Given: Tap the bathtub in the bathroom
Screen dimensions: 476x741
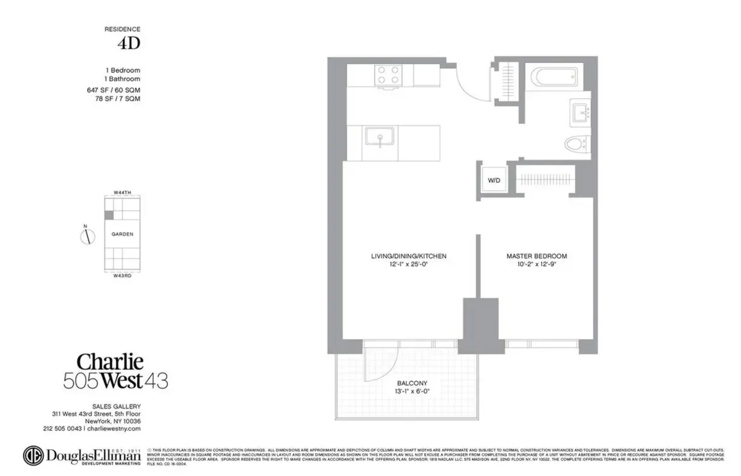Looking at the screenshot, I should click(554, 78).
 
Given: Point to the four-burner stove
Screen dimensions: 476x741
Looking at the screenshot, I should click(387, 75).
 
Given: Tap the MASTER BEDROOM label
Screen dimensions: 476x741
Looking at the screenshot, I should click(536, 256).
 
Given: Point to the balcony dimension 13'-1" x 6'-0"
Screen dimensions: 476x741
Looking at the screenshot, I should click(411, 391).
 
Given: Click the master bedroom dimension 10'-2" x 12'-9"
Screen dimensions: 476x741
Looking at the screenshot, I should click(536, 264).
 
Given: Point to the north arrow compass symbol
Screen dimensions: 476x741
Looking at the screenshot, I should click(88, 235).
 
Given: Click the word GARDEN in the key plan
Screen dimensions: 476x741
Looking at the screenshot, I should click(122, 235).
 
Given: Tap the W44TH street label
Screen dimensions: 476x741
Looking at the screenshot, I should click(122, 193).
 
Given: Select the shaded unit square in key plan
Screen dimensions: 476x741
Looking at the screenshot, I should click(109, 215).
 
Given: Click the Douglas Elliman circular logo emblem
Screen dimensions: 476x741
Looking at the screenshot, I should click(36, 456).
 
